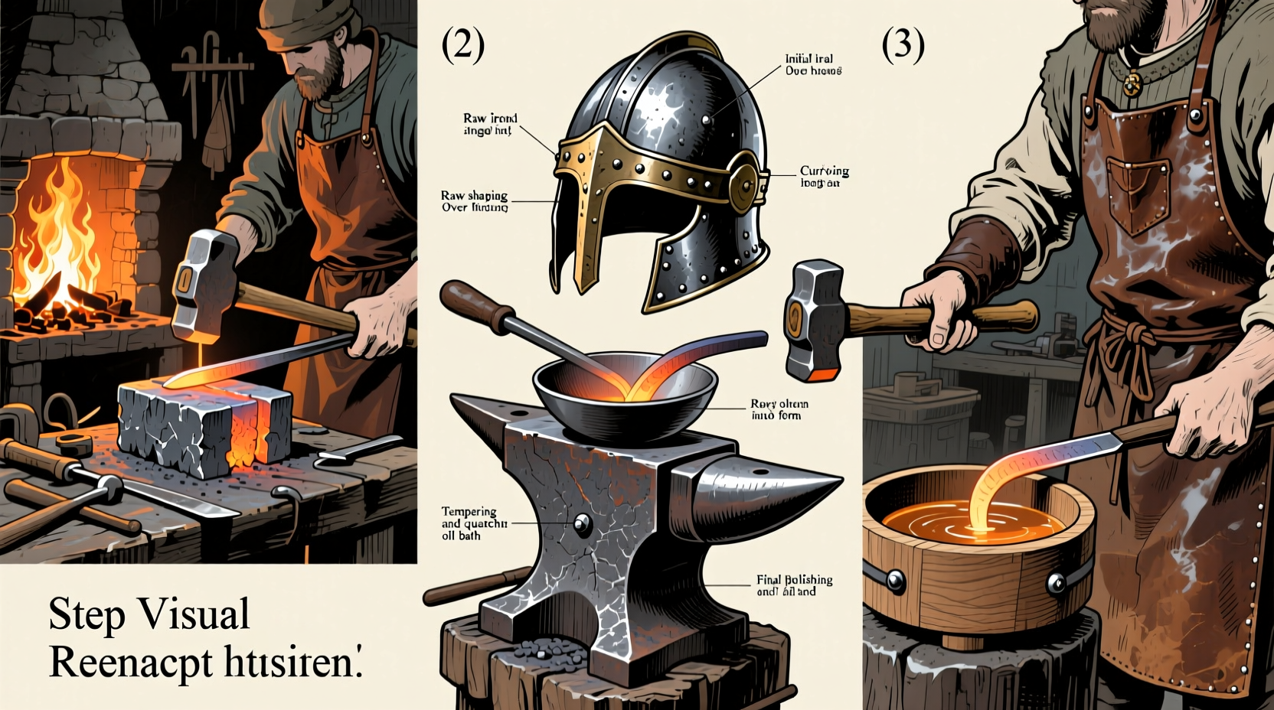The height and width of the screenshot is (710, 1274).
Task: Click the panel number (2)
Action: click(463, 46)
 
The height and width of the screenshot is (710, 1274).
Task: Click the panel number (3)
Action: click(903, 45)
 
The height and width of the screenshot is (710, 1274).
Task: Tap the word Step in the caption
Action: click(86, 614)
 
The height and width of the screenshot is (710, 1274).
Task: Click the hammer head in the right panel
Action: click(813, 320)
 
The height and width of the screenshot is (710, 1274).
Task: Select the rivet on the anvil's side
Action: click(582, 524)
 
